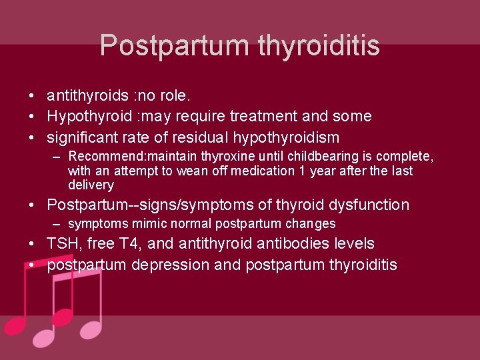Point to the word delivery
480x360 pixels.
[x=91, y=185]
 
